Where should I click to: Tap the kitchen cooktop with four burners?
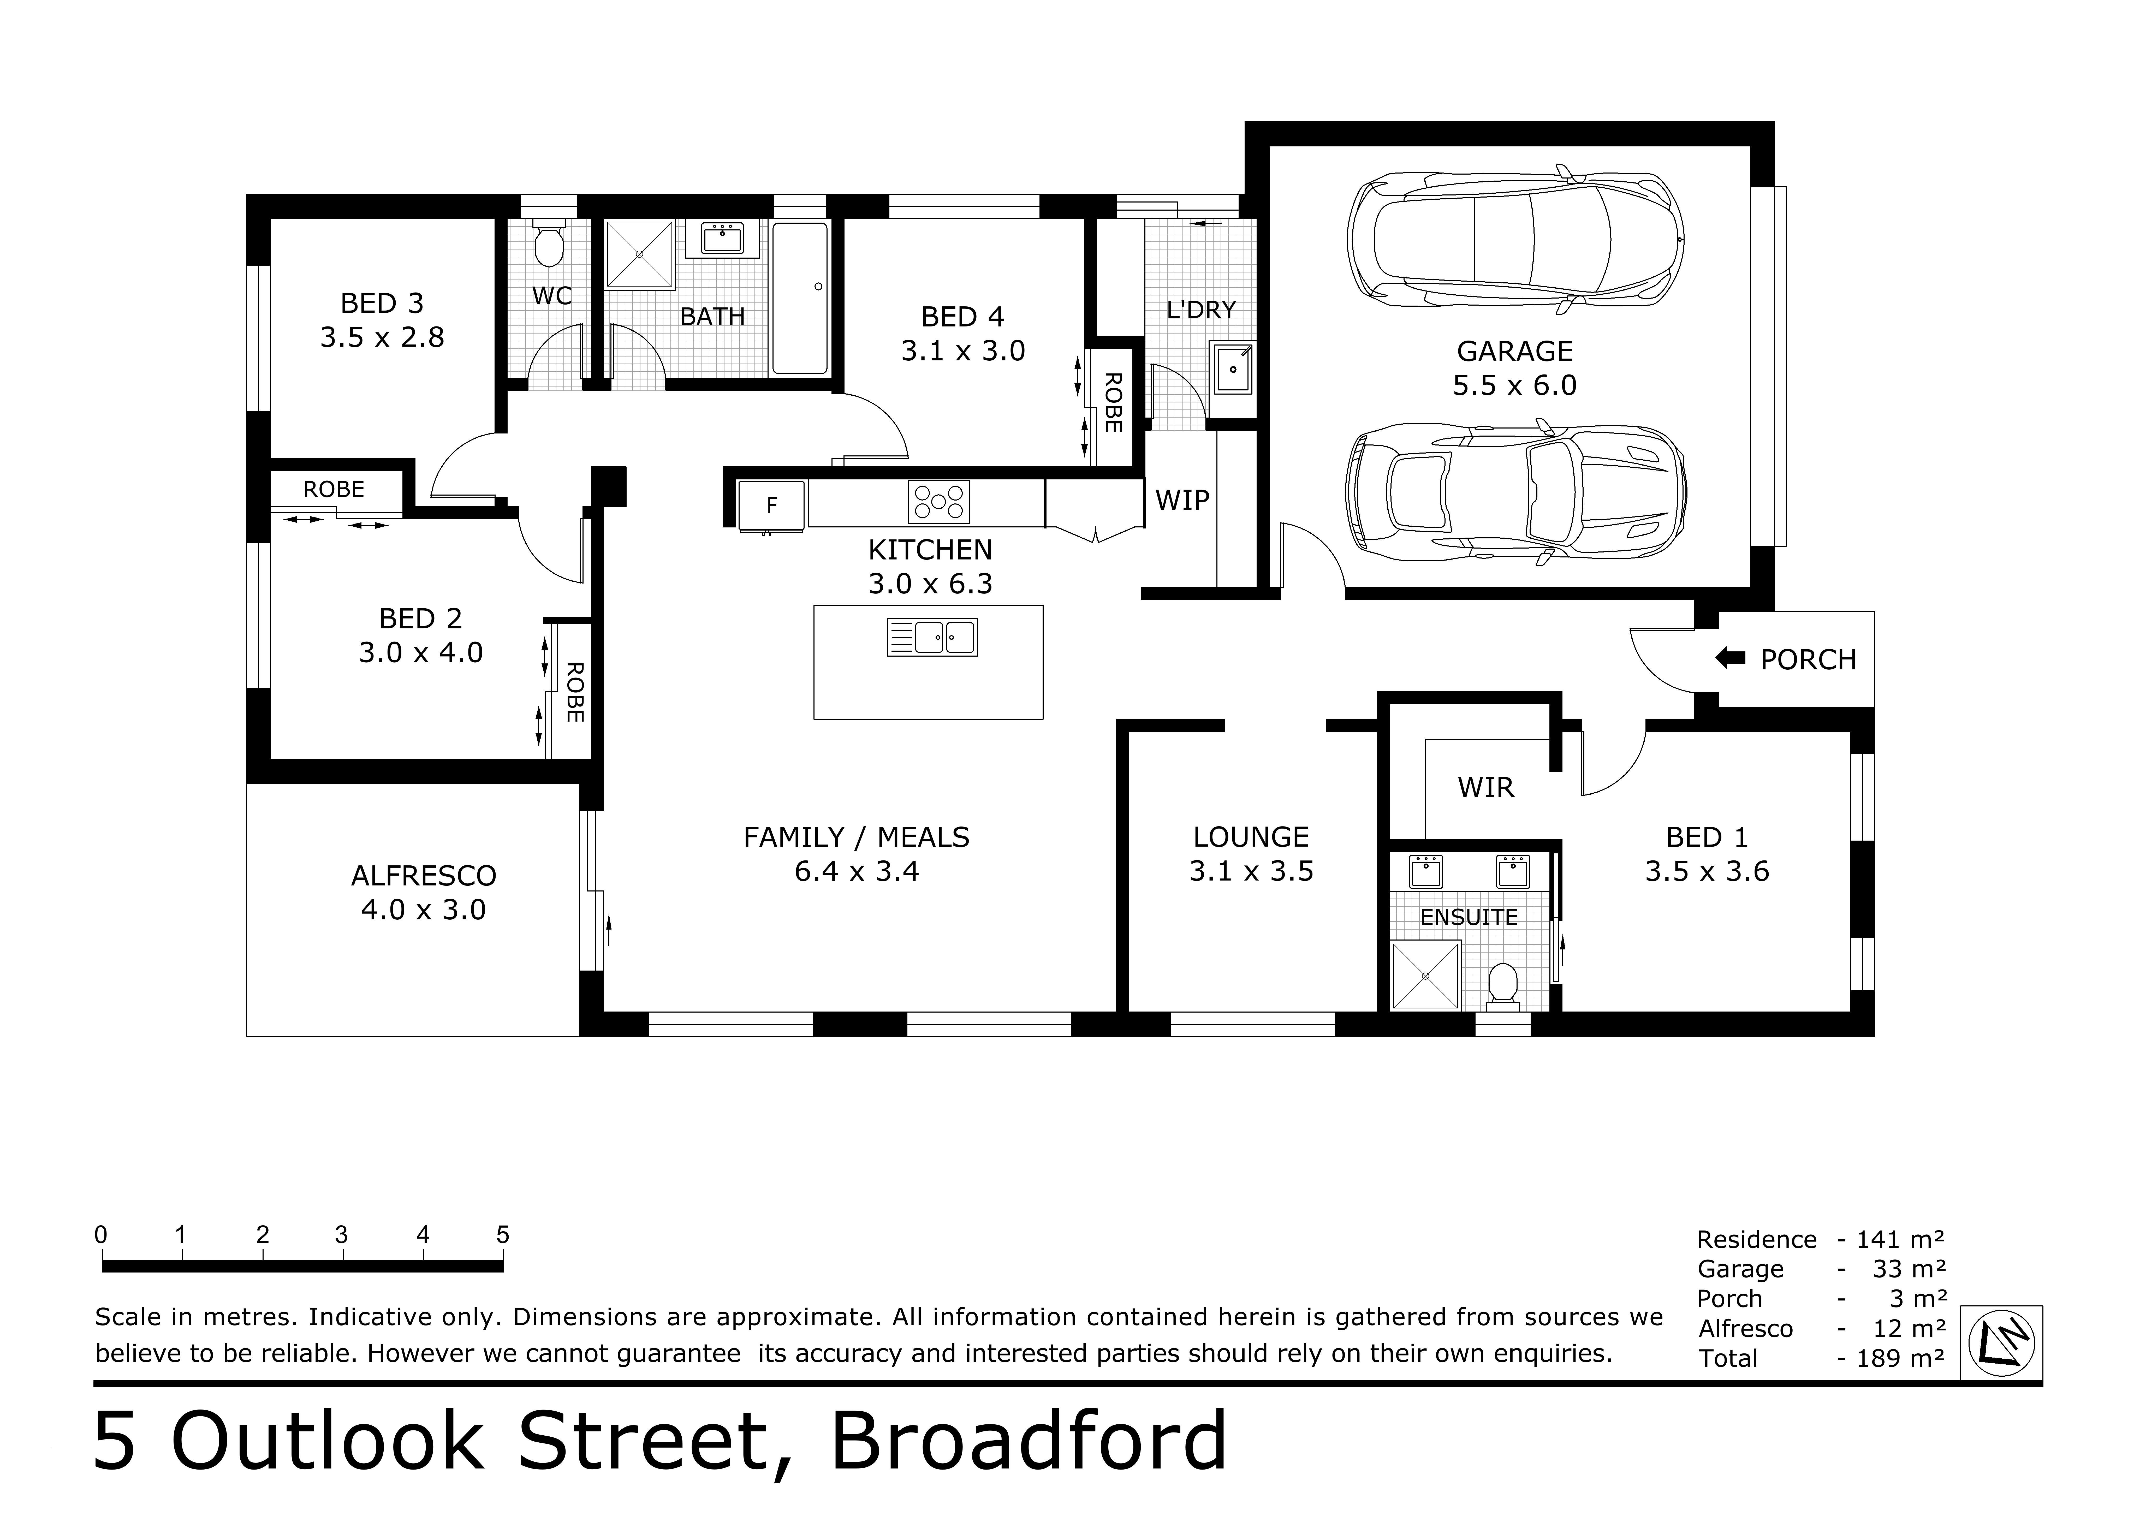click(938, 502)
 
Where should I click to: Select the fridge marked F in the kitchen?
click(771, 505)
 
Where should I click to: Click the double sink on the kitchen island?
click(932, 637)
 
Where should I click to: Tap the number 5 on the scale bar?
click(502, 1234)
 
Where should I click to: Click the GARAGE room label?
click(1514, 351)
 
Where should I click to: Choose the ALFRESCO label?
click(423, 876)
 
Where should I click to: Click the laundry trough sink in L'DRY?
click(1231, 369)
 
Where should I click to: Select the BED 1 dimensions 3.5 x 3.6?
click(1706, 871)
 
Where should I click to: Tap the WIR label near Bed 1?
click(1486, 788)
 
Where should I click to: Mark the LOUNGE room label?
click(1251, 837)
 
